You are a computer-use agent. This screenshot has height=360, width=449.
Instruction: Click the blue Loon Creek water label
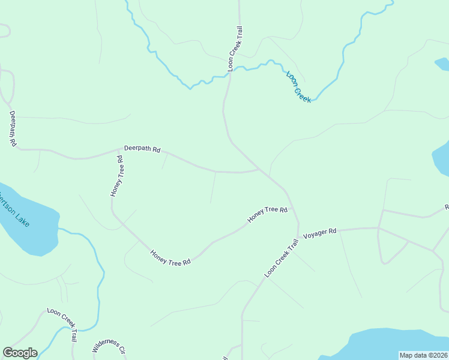click(298, 86)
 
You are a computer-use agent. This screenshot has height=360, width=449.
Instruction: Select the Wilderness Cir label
click(109, 349)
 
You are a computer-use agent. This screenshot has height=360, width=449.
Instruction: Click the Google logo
click(20, 353)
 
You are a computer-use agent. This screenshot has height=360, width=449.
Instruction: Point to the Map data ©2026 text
click(424, 355)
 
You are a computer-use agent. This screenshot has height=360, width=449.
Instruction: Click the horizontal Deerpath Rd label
click(142, 148)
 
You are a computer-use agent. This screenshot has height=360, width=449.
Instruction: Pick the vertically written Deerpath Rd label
click(13, 128)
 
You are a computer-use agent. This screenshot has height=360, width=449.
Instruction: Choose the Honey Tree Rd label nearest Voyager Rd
click(268, 214)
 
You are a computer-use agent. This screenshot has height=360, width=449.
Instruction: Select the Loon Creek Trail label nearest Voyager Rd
click(282, 258)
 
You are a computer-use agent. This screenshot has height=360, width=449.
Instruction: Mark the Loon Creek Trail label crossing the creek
click(234, 49)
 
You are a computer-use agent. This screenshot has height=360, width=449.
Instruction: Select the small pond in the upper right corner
click(442, 64)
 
